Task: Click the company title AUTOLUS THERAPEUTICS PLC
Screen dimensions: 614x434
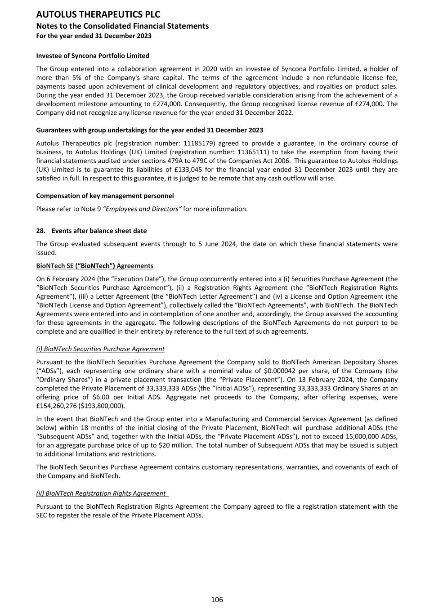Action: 98,14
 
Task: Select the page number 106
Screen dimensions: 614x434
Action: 217,600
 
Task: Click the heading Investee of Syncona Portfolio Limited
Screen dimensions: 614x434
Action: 93,56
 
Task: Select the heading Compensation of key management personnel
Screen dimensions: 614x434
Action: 105,196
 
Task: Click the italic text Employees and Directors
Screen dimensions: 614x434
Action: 142,209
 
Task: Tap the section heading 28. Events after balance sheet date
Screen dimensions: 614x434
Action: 91,231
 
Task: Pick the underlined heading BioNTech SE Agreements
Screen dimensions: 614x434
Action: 94,266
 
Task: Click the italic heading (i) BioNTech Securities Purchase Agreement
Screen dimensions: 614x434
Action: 100,349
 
